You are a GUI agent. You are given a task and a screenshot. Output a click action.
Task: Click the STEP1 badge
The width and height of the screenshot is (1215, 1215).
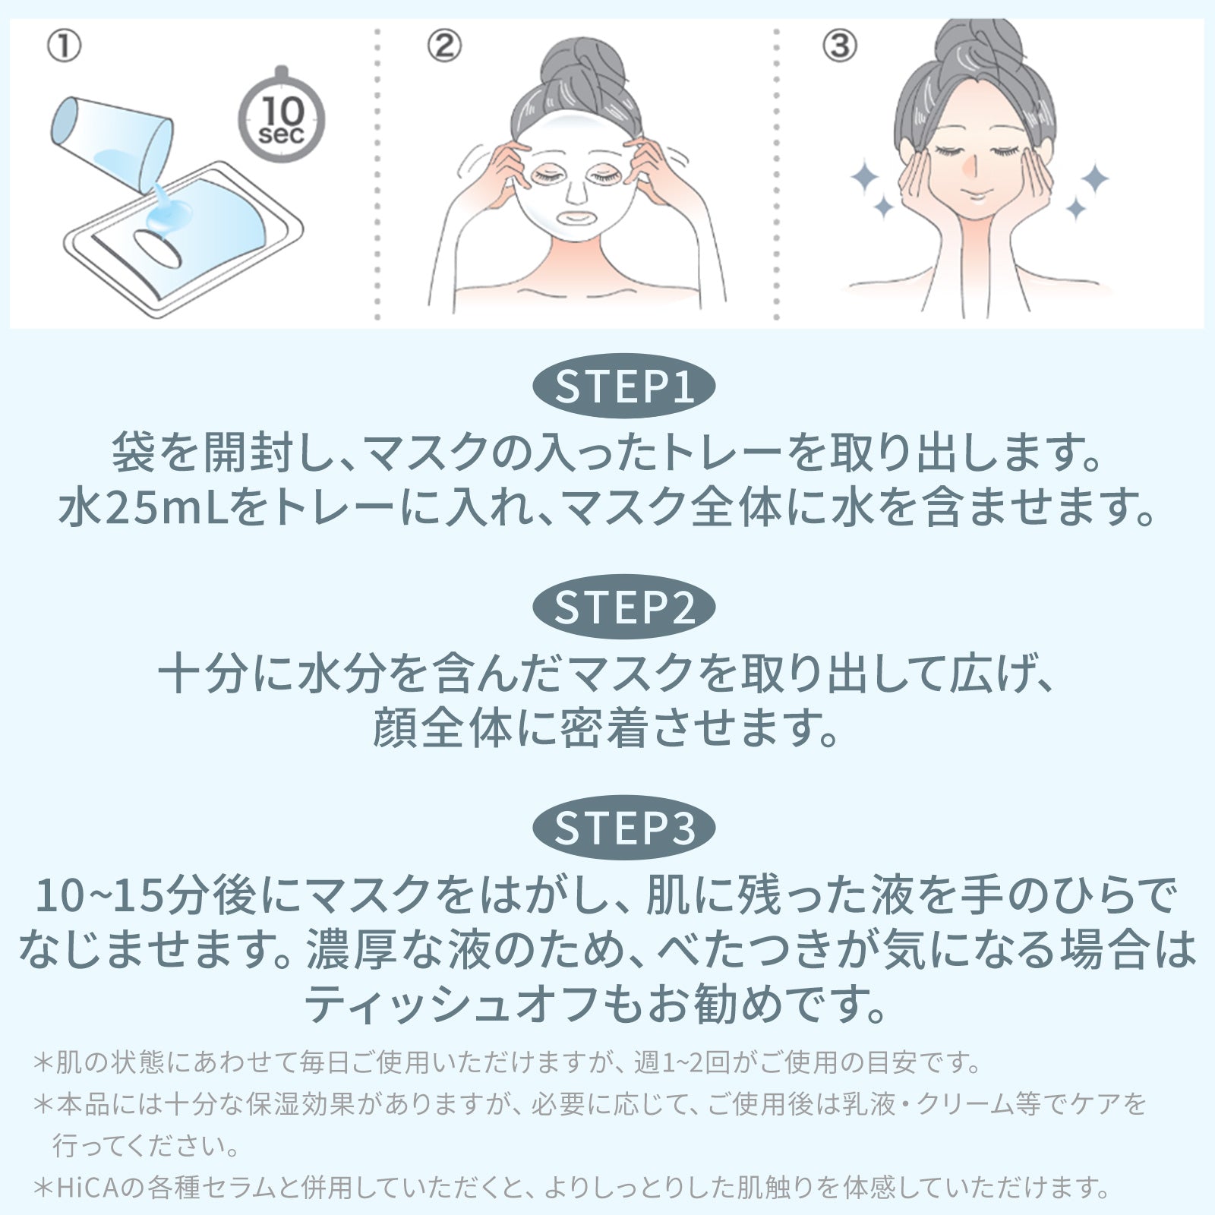(623, 386)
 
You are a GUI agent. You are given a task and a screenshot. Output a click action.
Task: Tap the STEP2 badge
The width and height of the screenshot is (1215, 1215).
(623, 607)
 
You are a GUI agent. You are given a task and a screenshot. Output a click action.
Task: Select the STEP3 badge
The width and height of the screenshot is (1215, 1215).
(623, 827)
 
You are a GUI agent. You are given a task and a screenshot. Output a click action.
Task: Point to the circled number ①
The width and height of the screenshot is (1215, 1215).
(64, 47)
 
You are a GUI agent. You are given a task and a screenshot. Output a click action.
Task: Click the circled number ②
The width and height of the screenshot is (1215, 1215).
(443, 47)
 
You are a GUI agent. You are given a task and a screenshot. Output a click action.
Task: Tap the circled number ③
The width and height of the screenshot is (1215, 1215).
(840, 47)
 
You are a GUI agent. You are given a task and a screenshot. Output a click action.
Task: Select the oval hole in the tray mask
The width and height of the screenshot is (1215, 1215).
(158, 248)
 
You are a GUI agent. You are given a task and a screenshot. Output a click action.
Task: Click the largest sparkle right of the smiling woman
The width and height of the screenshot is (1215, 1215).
(1094, 179)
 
